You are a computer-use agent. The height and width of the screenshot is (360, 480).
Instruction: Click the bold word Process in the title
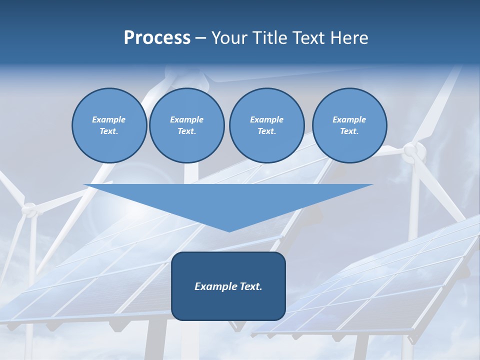point(157,38)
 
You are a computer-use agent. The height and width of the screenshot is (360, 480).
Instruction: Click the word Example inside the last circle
point(349,119)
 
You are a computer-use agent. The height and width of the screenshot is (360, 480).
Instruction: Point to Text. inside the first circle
point(109,131)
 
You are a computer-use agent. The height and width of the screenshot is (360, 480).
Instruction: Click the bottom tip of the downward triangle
point(229,230)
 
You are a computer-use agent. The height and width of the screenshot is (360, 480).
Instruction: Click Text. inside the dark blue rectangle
point(250,286)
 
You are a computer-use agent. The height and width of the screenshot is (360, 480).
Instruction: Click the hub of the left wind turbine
point(30,209)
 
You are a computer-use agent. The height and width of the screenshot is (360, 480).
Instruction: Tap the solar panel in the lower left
point(100,280)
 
